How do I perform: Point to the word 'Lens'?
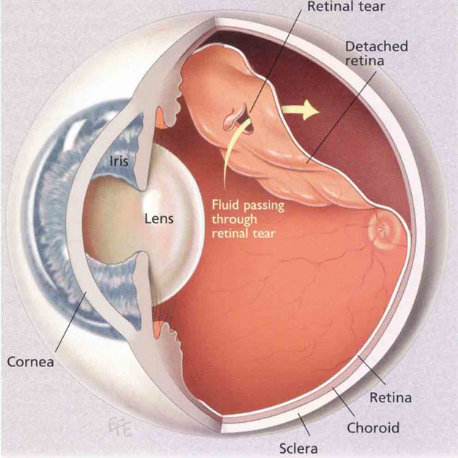coord(159,218)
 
